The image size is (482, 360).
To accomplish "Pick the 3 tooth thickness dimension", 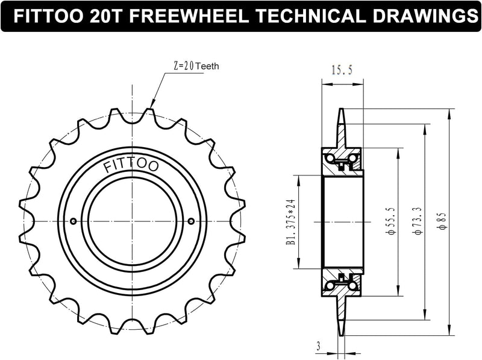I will (318, 346).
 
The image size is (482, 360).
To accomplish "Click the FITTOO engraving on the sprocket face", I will (131, 165).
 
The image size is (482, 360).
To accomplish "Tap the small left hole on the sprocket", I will (74, 221).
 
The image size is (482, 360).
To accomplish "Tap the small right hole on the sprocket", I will (191, 221).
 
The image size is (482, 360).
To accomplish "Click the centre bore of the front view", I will (132, 221).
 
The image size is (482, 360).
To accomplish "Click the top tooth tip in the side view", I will (342, 113).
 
